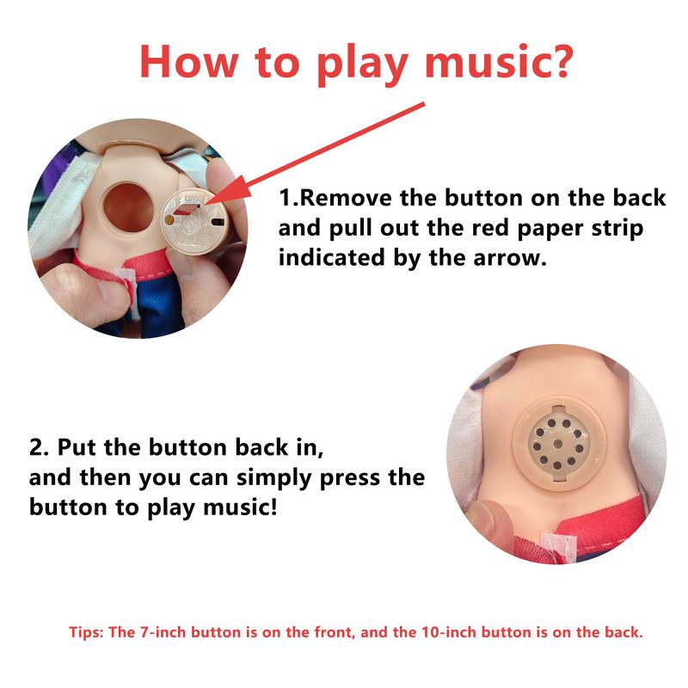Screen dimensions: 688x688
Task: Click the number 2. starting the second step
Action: (39, 448)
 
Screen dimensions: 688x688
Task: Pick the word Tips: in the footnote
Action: (86, 632)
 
